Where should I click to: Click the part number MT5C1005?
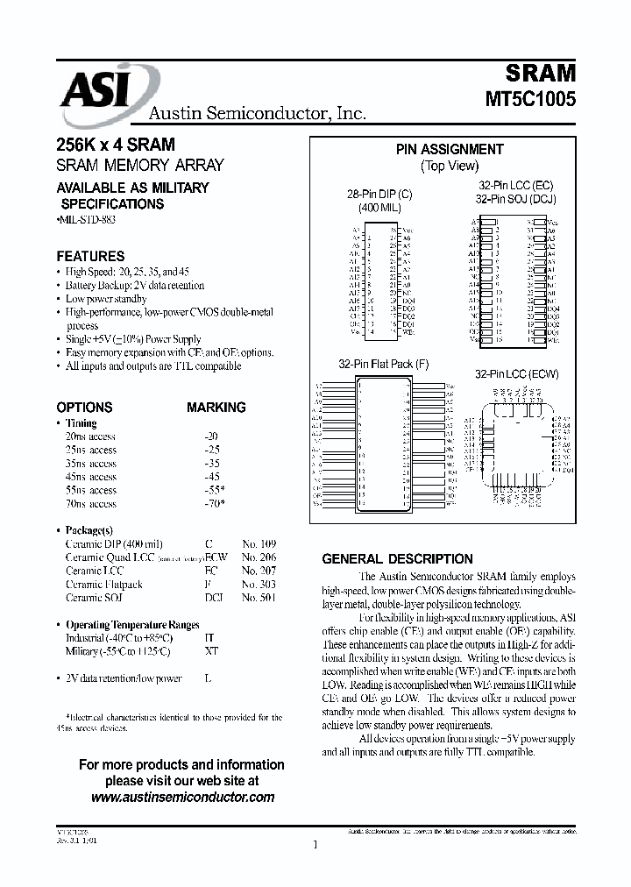531,99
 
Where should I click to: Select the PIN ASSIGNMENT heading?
449,150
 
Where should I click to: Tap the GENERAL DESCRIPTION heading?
397,558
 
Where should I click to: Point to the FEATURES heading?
90,257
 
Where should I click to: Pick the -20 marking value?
210,436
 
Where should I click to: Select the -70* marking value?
213,504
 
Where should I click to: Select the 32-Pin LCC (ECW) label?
516,373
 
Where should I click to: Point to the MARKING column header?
216,408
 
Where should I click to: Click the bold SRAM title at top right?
540,73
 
